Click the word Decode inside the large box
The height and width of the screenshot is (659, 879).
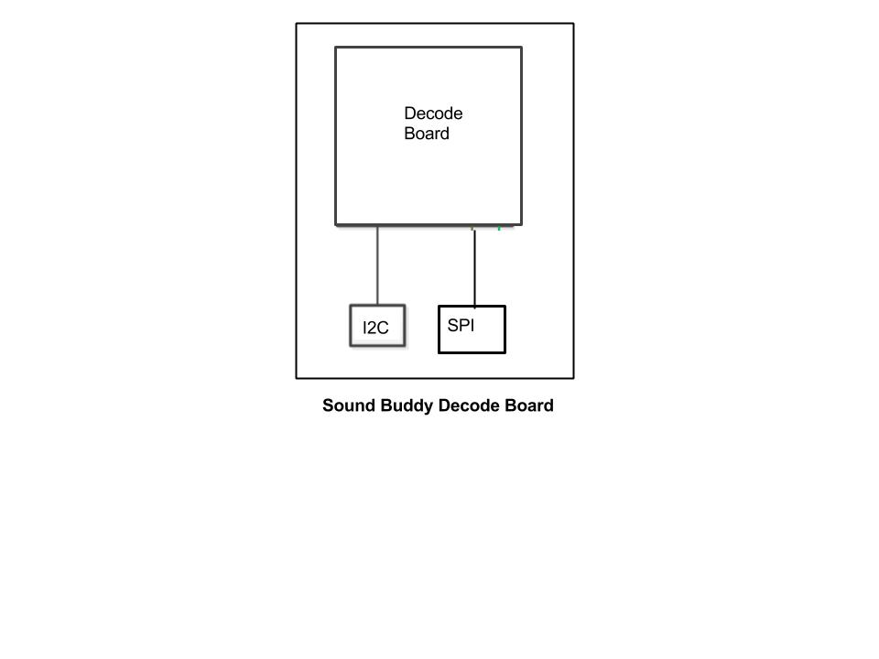pyautogui.click(x=433, y=113)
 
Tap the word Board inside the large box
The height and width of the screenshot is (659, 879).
pyautogui.click(x=427, y=134)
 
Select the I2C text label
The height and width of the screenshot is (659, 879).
pyautogui.click(x=375, y=328)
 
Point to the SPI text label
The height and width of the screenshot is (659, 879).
pyautogui.click(x=461, y=325)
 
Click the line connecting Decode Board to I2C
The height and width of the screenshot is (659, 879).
pyautogui.click(x=377, y=265)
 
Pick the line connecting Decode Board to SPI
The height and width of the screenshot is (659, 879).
pyautogui.click(x=475, y=268)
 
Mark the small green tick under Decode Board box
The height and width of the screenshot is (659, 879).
pyautogui.click(x=499, y=228)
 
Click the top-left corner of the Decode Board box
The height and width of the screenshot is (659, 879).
pyautogui.click(x=336, y=48)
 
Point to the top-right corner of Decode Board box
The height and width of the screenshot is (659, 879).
pyautogui.click(x=521, y=48)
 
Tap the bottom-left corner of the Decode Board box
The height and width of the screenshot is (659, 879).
pyautogui.click(x=336, y=225)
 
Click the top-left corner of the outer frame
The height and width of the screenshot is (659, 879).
pyautogui.click(x=297, y=24)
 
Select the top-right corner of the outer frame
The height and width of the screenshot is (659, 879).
pyautogui.click(x=573, y=24)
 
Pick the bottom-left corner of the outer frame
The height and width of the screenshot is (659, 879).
pyautogui.click(x=297, y=378)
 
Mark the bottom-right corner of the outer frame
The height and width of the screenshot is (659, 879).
pyautogui.click(x=573, y=378)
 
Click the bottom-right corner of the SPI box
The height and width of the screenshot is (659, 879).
pyautogui.click(x=505, y=352)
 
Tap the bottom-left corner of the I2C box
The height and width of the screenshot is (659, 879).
pyautogui.click(x=351, y=346)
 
